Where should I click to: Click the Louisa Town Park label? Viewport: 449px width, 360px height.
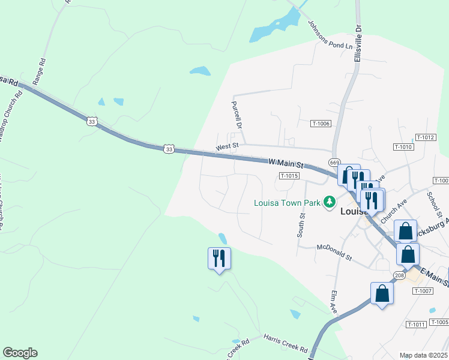click(x=287, y=202)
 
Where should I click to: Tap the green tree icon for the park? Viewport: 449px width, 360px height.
click(x=329, y=202)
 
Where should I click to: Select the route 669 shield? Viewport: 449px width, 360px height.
click(x=334, y=163)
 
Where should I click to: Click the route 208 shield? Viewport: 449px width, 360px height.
click(x=399, y=275)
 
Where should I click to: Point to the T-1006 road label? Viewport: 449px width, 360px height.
click(x=321, y=124)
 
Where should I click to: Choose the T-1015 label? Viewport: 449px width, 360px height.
click(x=289, y=176)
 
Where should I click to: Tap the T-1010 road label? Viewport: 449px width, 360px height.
click(x=403, y=147)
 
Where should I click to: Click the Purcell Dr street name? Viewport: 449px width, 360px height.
click(x=236, y=115)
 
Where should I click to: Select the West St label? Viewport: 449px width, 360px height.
click(x=228, y=146)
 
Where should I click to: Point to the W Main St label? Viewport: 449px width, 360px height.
click(x=286, y=163)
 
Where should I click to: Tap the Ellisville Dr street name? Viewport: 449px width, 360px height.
click(x=358, y=44)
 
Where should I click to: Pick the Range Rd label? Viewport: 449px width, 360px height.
click(x=41, y=70)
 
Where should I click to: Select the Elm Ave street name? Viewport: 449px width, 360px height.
click(x=333, y=303)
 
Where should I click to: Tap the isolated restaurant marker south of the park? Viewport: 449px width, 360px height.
click(x=219, y=259)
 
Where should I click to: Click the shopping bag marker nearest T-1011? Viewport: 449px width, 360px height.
click(x=382, y=293)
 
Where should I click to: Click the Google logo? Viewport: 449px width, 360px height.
click(x=20, y=353)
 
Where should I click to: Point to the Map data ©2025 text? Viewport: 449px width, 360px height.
click(x=423, y=355)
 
